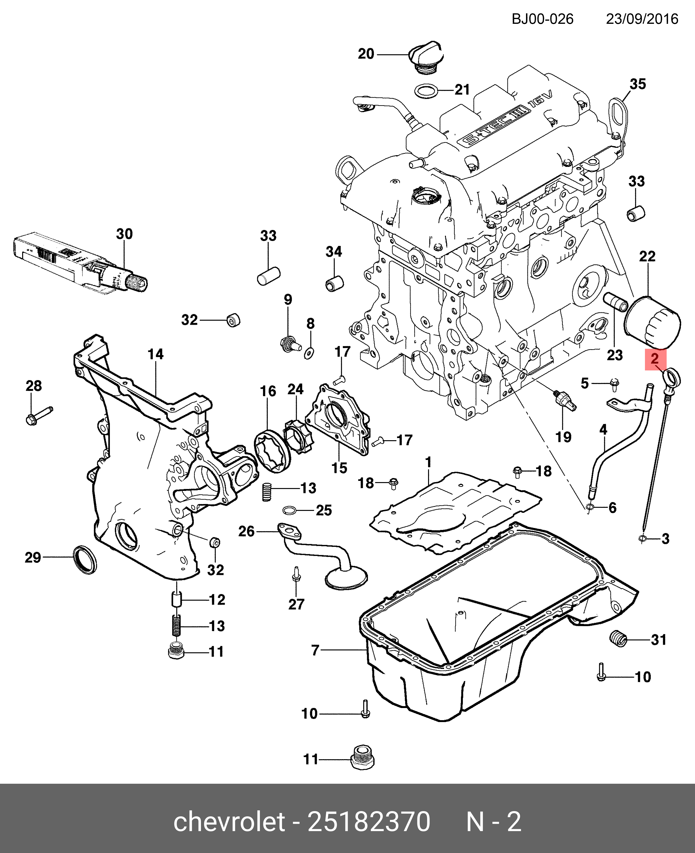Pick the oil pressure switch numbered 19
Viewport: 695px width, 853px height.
click(565, 401)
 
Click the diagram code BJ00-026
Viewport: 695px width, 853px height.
click(542, 19)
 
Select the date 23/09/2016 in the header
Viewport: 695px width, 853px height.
click(642, 19)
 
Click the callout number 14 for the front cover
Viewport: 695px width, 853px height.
click(156, 354)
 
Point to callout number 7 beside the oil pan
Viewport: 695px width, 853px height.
click(316, 651)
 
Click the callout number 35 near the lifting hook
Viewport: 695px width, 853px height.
click(638, 84)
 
